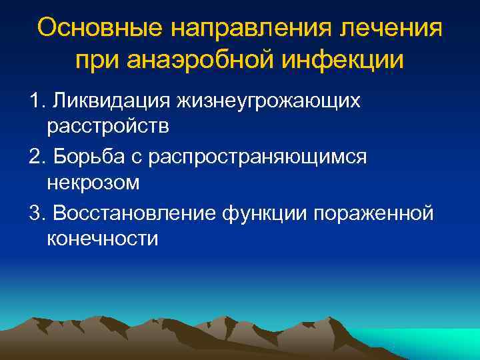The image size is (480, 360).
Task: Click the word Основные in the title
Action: [97, 29]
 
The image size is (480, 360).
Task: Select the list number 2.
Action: [35, 157]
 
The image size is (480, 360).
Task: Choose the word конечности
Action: [103, 238]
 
